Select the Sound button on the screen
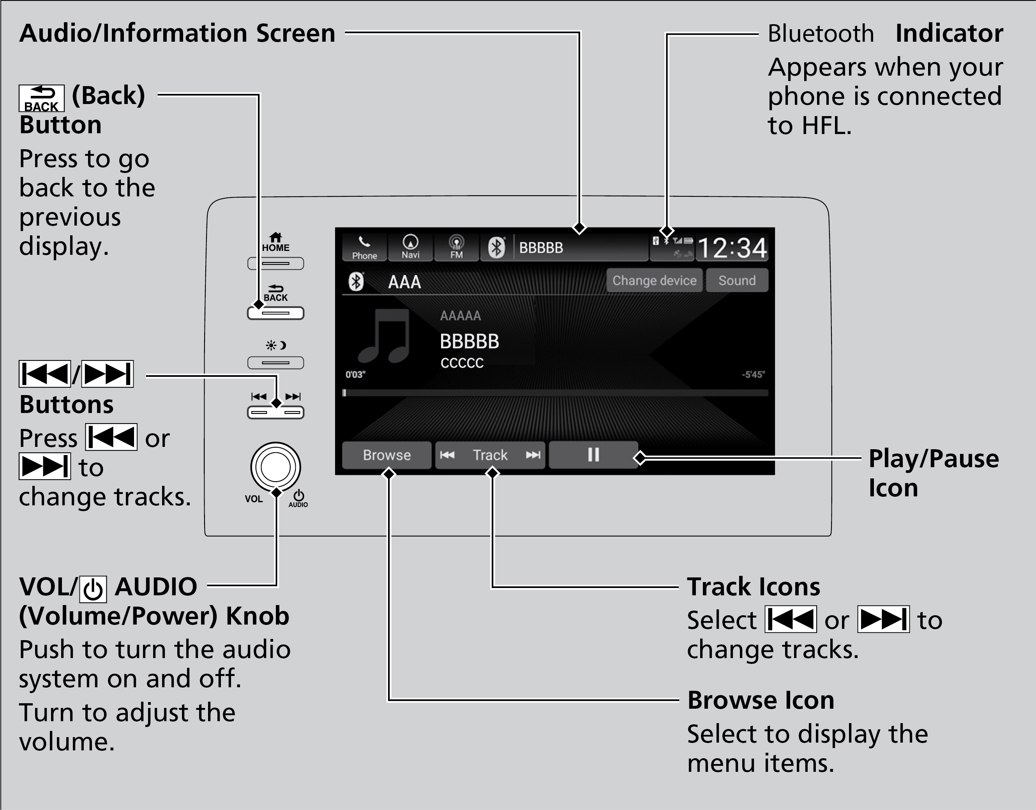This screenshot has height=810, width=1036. click(737, 280)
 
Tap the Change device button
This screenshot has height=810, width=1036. click(654, 280)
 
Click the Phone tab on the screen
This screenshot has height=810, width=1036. click(364, 247)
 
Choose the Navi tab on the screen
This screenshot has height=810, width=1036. click(410, 247)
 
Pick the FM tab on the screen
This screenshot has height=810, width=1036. click(456, 247)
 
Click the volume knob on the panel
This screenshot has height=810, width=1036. click(275, 467)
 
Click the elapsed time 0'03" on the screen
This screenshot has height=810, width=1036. click(355, 375)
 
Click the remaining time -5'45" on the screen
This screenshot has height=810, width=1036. click(753, 375)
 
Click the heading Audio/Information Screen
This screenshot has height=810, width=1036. click(177, 33)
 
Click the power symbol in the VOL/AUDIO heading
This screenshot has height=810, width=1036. click(93, 589)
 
